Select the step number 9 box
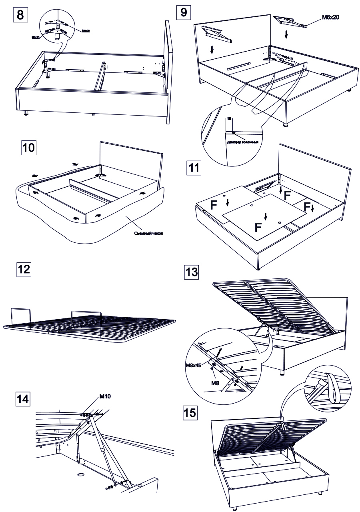pyautogui.click(x=184, y=12)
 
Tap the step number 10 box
pyautogui.click(x=28, y=147)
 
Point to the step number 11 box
pyautogui.click(x=194, y=167)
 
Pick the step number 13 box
pyautogui.click(x=191, y=272)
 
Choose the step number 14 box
pyautogui.click(x=24, y=399)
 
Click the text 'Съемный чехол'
pyautogui.click(x=148, y=233)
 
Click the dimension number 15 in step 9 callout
pyautogui.click(x=229, y=119)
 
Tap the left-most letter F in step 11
pyautogui.click(x=214, y=206)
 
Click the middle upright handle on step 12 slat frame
pyautogui.click(x=86, y=320)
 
